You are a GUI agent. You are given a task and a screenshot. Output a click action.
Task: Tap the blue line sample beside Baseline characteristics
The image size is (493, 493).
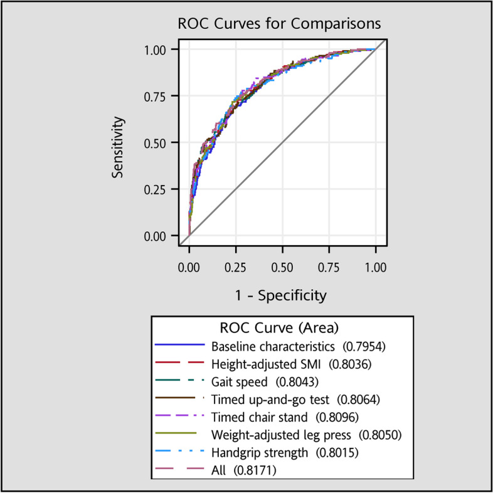pos(179,344)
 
